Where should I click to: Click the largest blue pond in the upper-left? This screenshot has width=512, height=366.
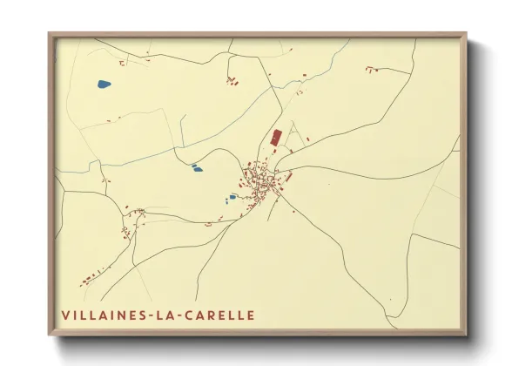[x=104, y=85]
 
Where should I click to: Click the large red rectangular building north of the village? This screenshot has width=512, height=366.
[x=277, y=138]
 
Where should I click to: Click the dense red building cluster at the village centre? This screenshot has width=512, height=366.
[x=261, y=182]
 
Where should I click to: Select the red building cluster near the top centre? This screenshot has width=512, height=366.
[x=232, y=82]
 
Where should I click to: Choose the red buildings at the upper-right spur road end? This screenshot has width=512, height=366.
[x=372, y=68]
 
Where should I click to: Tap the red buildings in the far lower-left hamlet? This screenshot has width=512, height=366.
[x=88, y=280]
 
